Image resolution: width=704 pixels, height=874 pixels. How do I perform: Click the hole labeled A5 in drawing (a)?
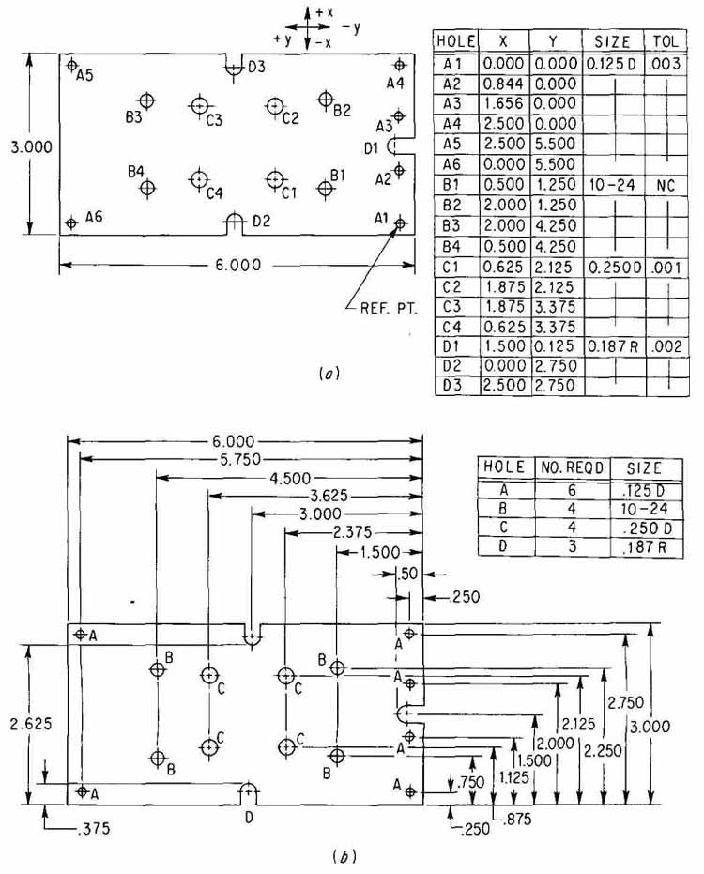(71, 65)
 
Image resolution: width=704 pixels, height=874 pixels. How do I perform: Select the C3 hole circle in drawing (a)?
(199, 105)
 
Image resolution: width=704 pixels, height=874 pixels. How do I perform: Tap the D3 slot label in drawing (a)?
(256, 68)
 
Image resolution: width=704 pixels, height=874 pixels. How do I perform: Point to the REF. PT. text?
(389, 308)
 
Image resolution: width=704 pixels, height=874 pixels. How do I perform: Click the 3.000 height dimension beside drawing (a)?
(31, 147)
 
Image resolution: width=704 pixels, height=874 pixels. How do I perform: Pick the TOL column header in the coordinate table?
(666, 41)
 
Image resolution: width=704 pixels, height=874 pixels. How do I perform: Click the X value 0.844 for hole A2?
(503, 84)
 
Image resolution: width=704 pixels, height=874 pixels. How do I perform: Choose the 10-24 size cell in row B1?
(612, 185)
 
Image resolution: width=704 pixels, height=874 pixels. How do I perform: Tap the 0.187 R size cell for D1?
(613, 346)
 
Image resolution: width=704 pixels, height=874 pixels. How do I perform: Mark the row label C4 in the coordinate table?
(451, 327)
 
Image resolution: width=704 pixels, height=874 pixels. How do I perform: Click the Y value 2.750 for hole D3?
(554, 385)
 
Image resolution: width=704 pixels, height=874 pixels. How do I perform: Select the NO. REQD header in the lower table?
(572, 468)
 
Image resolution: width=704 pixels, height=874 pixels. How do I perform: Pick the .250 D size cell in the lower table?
(647, 528)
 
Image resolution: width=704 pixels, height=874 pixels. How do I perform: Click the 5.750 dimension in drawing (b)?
(237, 459)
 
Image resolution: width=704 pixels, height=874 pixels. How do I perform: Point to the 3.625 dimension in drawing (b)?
(329, 496)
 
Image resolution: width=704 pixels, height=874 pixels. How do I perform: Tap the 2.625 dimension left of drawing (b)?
(31, 724)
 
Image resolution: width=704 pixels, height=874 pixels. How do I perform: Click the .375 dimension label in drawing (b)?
(93, 829)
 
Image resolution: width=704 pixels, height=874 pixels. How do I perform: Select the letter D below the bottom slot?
(249, 818)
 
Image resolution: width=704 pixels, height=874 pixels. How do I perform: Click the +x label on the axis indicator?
(324, 11)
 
